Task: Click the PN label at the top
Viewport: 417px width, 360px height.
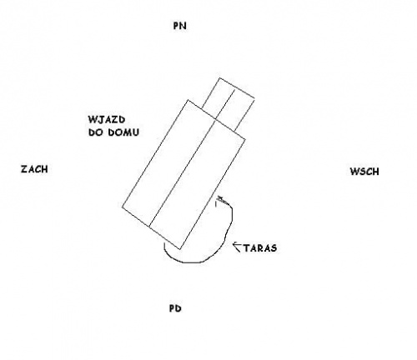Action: tap(179, 26)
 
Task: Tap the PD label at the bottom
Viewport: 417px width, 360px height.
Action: tap(175, 308)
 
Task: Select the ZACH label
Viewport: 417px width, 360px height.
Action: tap(34, 169)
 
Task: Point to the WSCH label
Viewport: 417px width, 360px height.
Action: tap(364, 172)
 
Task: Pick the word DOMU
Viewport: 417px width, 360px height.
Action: tap(123, 132)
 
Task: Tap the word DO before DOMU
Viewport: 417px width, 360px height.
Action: tap(97, 132)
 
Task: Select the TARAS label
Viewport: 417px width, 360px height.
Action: tap(260, 247)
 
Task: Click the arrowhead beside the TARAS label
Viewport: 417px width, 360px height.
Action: tap(237, 247)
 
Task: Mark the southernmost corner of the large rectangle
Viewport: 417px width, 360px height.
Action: tap(180, 249)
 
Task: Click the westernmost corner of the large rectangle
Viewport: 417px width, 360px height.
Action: tap(123, 207)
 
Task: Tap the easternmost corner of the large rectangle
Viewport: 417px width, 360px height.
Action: tap(245, 138)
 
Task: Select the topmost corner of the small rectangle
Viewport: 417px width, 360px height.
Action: tap(219, 78)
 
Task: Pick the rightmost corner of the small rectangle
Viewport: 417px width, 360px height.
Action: tap(254, 99)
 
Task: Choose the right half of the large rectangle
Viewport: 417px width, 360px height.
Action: tap(198, 183)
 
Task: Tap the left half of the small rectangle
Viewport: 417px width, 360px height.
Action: tap(218, 98)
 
